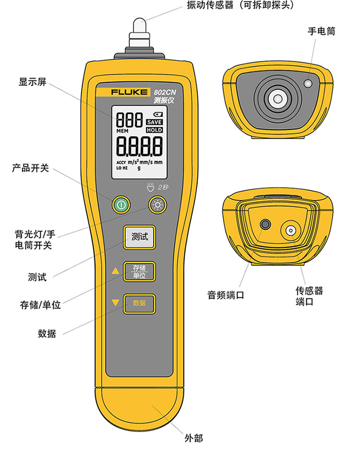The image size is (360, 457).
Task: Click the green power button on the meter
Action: point(121,205)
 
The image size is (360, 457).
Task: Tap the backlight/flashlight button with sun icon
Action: point(158,205)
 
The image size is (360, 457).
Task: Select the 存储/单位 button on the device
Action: point(139,271)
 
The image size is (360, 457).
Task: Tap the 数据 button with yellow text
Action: point(139,304)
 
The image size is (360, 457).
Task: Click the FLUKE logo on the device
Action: point(129,92)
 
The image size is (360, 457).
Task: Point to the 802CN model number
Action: point(165,92)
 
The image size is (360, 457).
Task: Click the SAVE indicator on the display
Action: point(154,122)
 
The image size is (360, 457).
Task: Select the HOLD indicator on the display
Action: point(154,130)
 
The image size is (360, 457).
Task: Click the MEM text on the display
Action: point(123,131)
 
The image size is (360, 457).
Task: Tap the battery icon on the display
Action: point(158,115)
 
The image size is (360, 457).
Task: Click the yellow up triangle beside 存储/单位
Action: point(115,271)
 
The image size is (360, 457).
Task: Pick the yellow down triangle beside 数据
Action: point(115,303)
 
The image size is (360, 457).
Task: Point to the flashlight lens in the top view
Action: point(308,83)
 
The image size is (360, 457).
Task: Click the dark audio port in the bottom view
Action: point(265,224)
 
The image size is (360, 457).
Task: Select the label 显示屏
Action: point(33,82)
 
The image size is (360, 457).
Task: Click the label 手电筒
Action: point(321,31)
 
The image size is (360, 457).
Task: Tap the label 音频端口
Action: point(225,295)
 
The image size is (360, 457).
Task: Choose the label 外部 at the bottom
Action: point(194,438)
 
